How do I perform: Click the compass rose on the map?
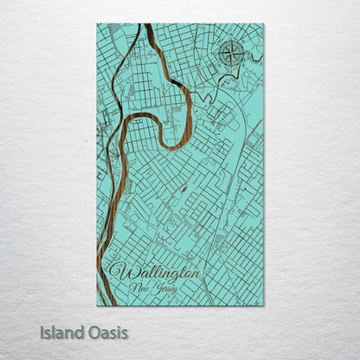point(232,54)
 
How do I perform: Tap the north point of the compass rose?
point(232,42)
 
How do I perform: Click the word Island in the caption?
point(60,332)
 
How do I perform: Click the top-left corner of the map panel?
point(97,24)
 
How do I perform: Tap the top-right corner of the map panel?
point(264,24)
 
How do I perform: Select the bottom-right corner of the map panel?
point(264,305)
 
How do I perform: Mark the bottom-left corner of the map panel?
point(97,305)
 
